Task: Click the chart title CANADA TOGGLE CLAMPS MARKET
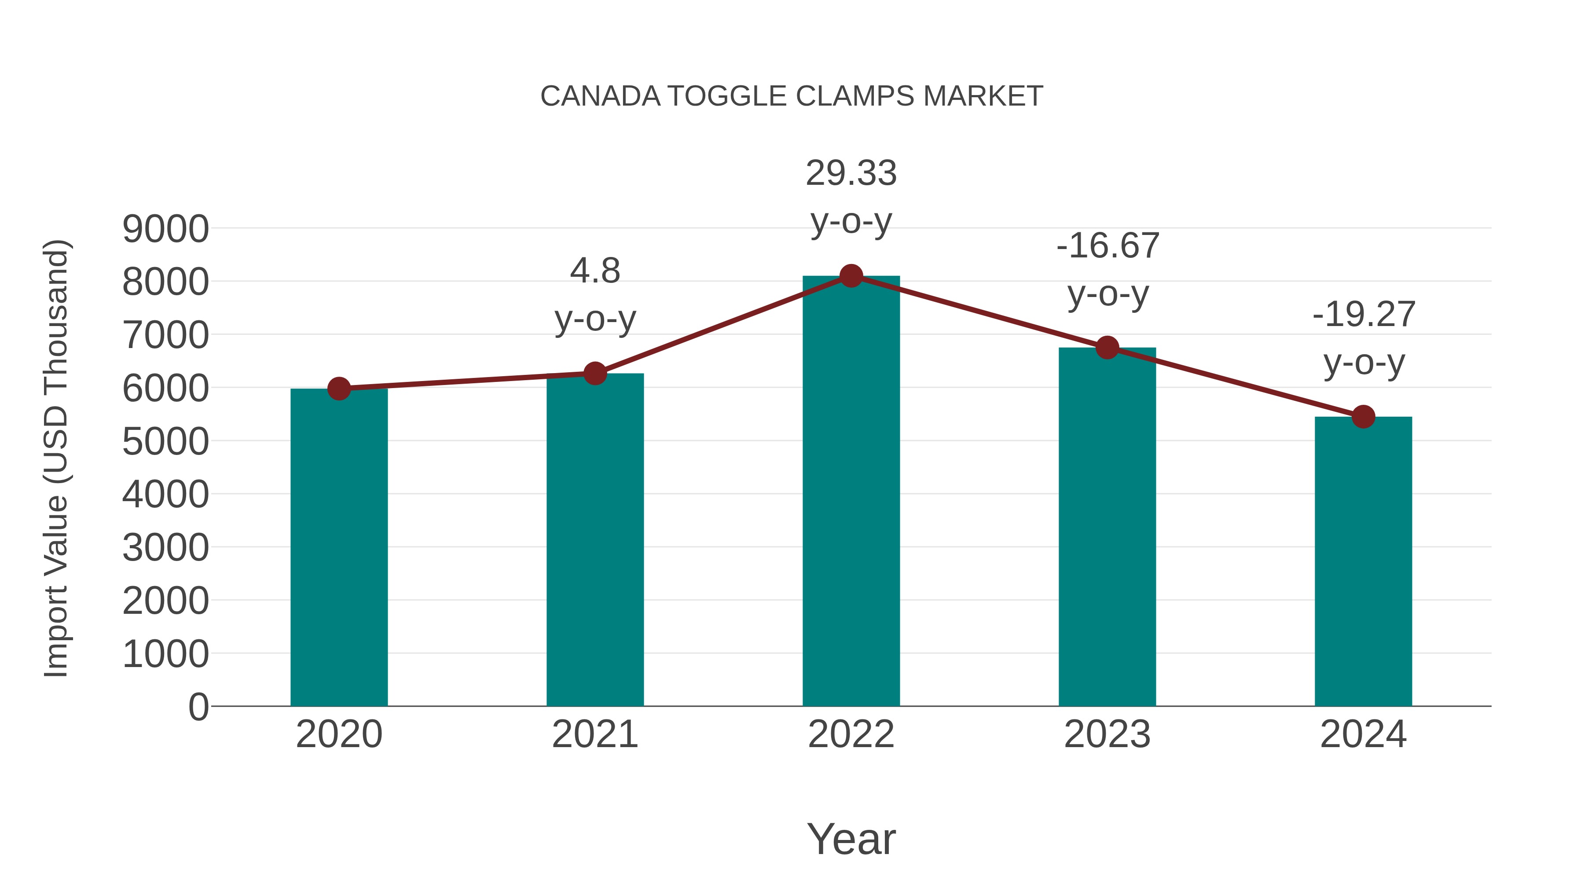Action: pyautogui.click(x=792, y=96)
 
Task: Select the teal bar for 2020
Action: pyautogui.click(x=339, y=547)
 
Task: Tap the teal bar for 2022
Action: pyautogui.click(x=851, y=492)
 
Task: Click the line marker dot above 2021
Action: pyautogui.click(x=594, y=373)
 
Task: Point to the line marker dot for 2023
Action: pyautogui.click(x=1107, y=348)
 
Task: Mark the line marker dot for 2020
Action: pyautogui.click(x=339, y=389)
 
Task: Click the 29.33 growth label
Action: pyautogui.click(x=851, y=173)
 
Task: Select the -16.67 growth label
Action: pyautogui.click(x=1107, y=246)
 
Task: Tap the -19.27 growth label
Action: pyautogui.click(x=1363, y=315)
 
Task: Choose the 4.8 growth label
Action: pyautogui.click(x=594, y=271)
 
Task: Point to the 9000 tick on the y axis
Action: pyautogui.click(x=165, y=229)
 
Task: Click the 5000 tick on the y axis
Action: pyautogui.click(x=165, y=441)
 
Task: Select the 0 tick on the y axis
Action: pyautogui.click(x=198, y=707)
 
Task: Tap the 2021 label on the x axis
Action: pyautogui.click(x=594, y=734)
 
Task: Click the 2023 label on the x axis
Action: pyautogui.click(x=1107, y=734)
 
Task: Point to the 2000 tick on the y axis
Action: pyautogui.click(x=165, y=601)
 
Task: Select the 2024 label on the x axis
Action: pyautogui.click(x=1363, y=734)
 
